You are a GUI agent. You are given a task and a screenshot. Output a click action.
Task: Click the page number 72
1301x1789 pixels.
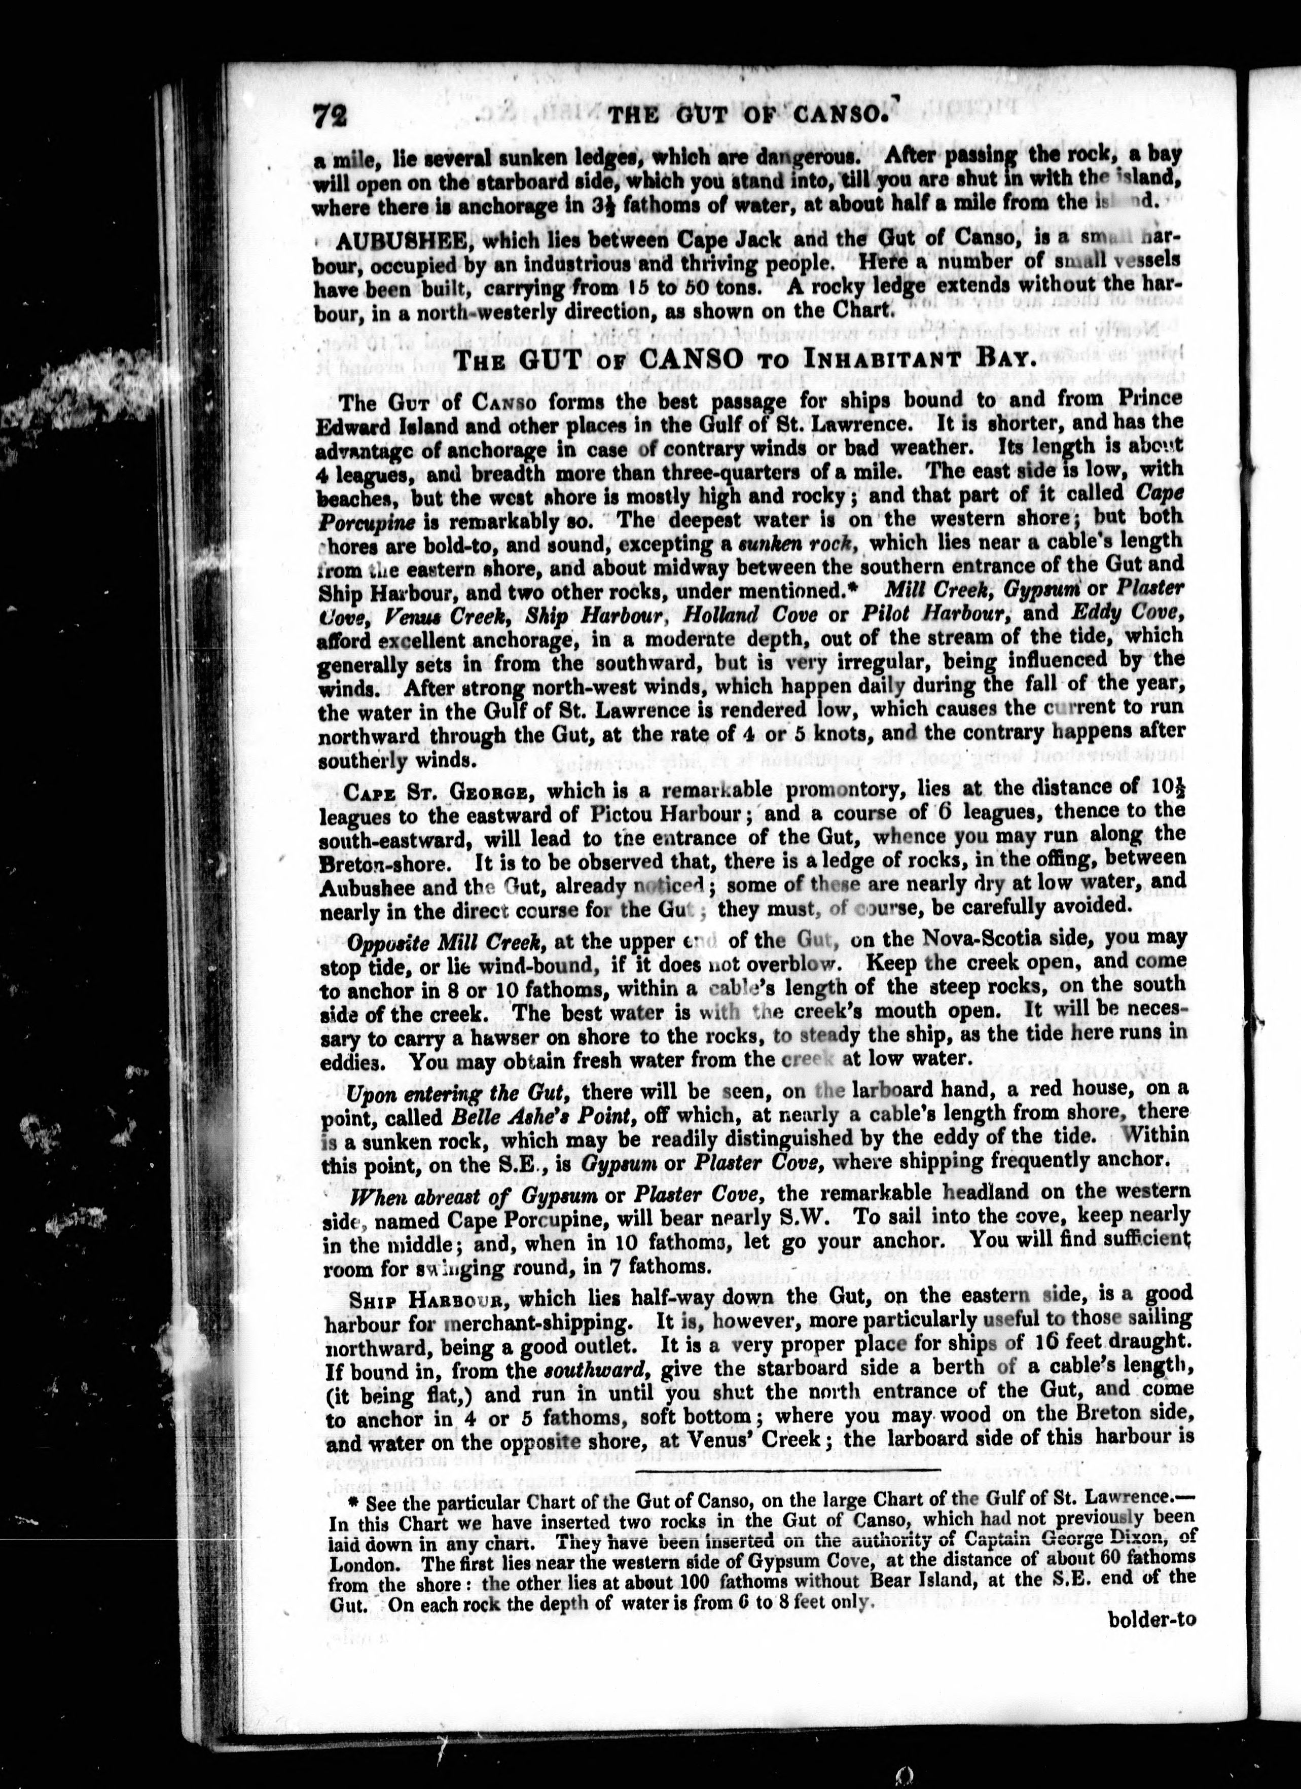pos(331,116)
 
